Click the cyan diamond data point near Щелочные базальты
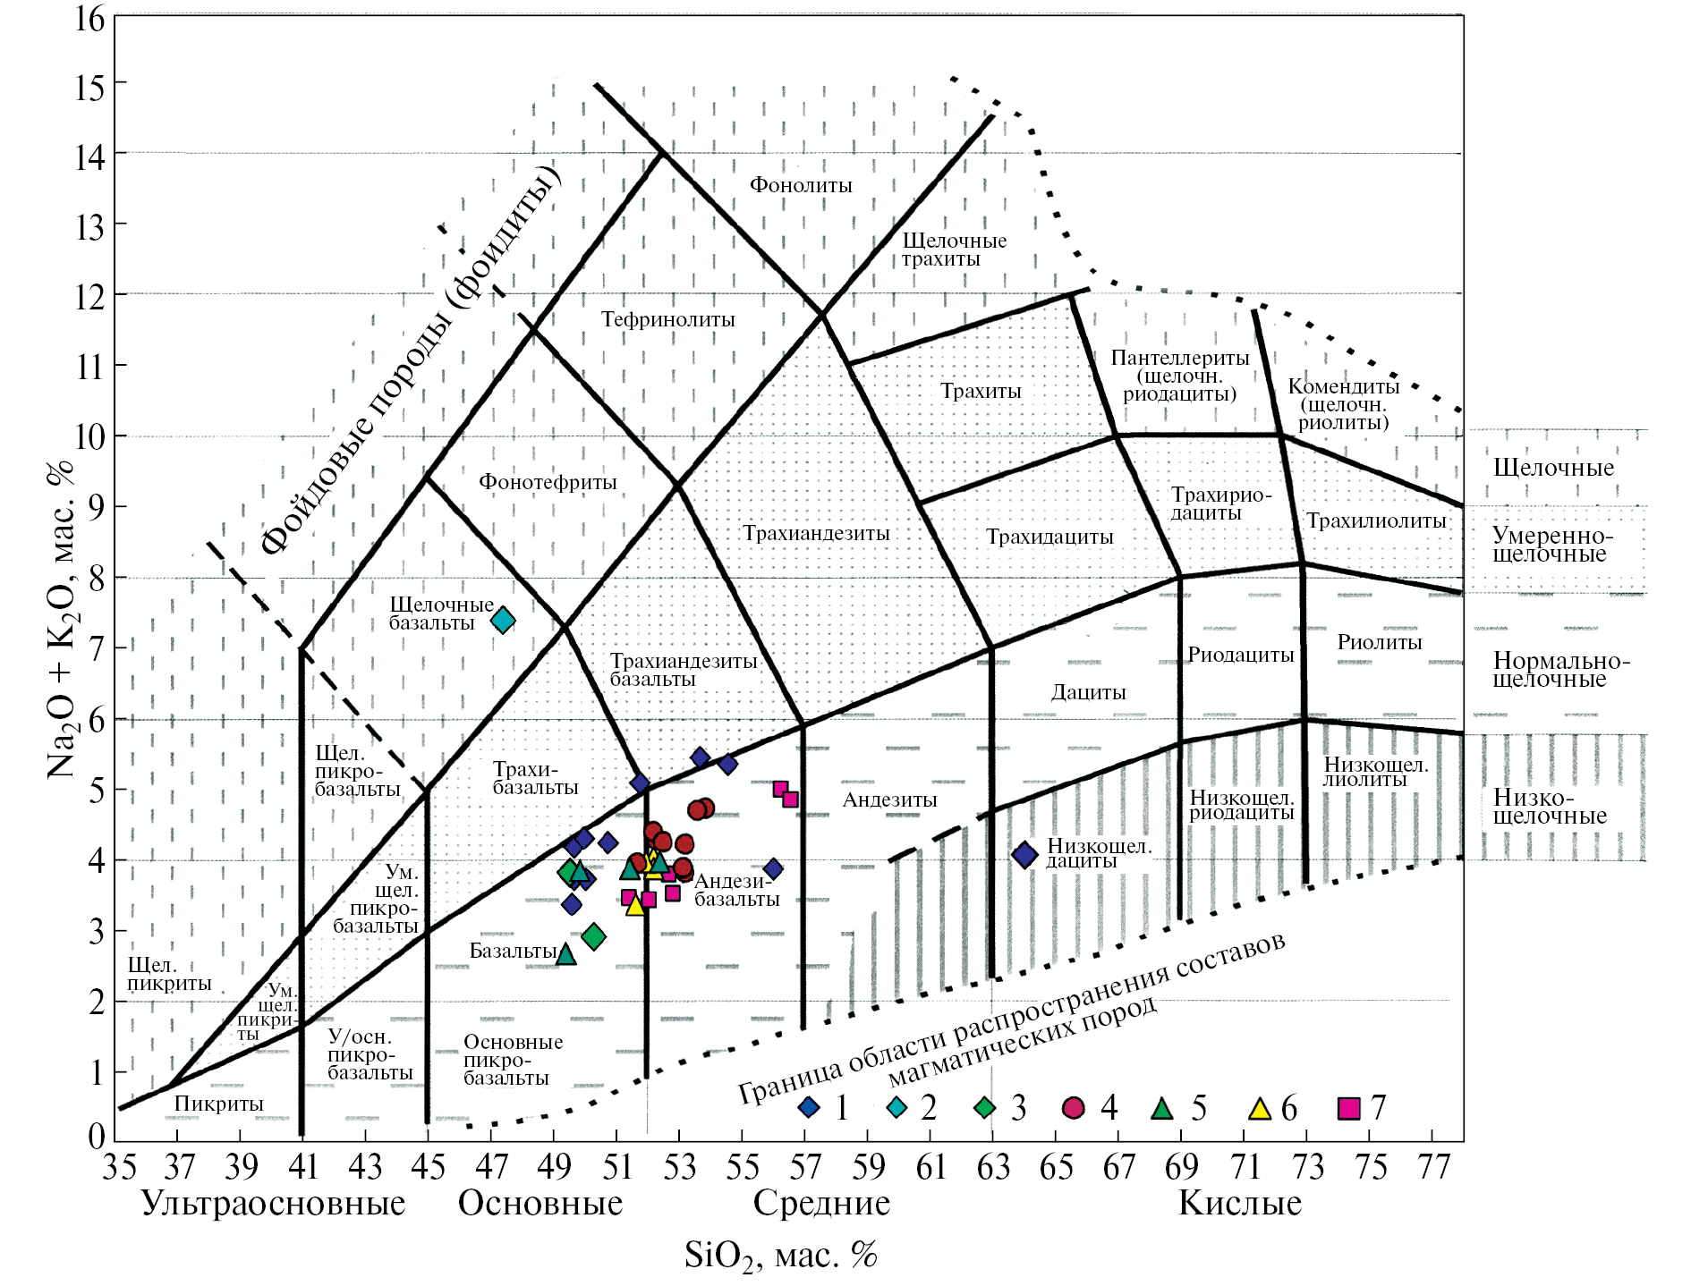pyautogui.click(x=503, y=620)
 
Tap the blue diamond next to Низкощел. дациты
pyautogui.click(x=1024, y=855)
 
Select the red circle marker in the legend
pyautogui.click(x=1073, y=1108)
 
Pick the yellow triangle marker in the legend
pyautogui.click(x=1260, y=1109)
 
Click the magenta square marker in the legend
pyautogui.click(x=1348, y=1109)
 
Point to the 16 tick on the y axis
pyautogui.click(x=89, y=18)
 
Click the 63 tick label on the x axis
pyautogui.click(x=993, y=1167)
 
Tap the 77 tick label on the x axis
pyautogui.click(x=1433, y=1167)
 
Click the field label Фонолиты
pyautogui.click(x=801, y=185)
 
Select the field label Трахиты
pyautogui.click(x=981, y=391)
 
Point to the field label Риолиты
pyautogui.click(x=1379, y=641)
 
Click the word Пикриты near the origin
pyautogui.click(x=218, y=1104)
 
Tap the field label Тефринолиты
pyautogui.click(x=667, y=319)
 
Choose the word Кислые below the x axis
pyautogui.click(x=1239, y=1204)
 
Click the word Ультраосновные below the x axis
pyautogui.click(x=273, y=1204)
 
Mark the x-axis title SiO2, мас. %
pyautogui.click(x=780, y=1256)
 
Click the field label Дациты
pyautogui.click(x=1088, y=692)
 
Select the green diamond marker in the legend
pyautogui.click(x=984, y=1108)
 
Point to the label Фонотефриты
pyautogui.click(x=548, y=482)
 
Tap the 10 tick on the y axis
pyautogui.click(x=89, y=436)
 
